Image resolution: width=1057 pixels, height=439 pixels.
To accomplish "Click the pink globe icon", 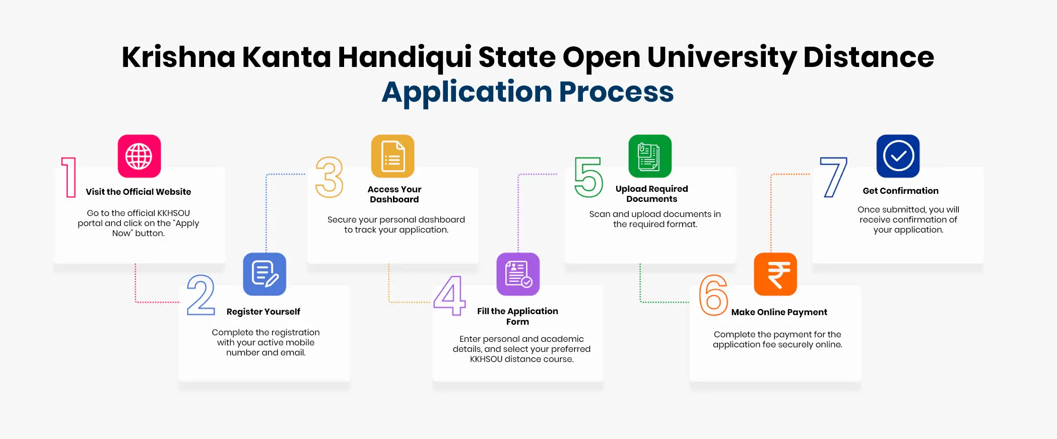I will tap(139, 156).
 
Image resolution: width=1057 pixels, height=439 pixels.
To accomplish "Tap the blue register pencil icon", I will tap(265, 274).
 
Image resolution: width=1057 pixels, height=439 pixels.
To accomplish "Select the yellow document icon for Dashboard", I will tap(393, 156).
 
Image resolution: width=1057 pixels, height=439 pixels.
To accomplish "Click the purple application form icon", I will tap(518, 274).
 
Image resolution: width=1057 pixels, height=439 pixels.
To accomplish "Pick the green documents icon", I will tap(650, 156).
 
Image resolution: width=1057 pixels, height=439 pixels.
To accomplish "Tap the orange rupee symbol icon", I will tap(775, 274).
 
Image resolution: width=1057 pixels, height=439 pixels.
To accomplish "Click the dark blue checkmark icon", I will tap(898, 156).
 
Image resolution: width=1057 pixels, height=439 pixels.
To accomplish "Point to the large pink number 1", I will tap(69, 177).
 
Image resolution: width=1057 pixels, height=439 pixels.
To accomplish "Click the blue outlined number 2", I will tap(201, 295).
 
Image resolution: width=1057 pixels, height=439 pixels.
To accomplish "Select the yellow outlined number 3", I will tap(329, 177).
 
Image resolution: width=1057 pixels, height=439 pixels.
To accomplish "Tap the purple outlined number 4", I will tap(449, 296).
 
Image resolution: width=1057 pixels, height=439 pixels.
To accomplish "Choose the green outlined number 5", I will tap(588, 177).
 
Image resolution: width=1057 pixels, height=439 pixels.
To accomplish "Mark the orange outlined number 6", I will tap(713, 295).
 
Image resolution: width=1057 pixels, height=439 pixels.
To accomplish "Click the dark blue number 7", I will tap(833, 177).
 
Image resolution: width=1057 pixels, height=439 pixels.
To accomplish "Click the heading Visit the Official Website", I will tap(139, 192).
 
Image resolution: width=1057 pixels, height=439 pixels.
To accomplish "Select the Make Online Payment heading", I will tap(779, 312).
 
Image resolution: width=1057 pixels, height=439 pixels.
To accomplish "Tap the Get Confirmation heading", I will tap(900, 191).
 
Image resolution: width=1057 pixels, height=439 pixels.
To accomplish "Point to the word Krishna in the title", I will tap(178, 57).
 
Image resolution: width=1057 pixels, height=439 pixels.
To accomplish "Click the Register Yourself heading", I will tap(263, 312).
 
